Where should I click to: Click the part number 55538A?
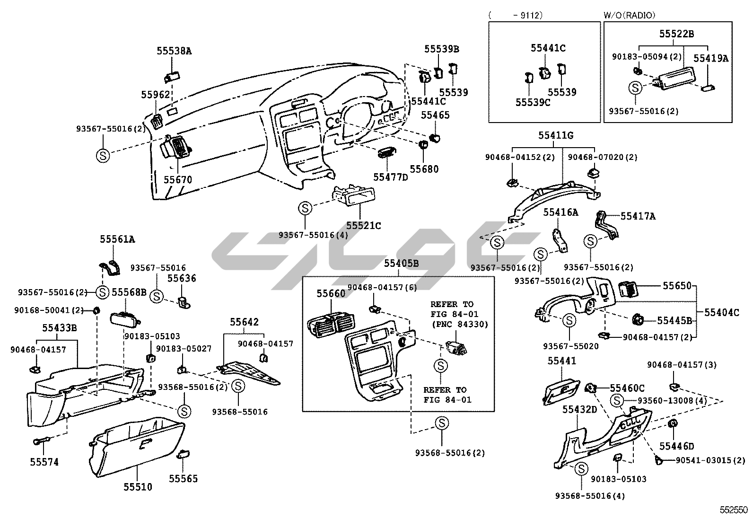(174, 51)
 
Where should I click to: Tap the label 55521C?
(363, 226)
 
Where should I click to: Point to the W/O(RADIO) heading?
(629, 16)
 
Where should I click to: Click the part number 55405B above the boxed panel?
(401, 264)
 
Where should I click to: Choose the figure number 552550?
(734, 510)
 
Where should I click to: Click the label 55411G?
(555, 136)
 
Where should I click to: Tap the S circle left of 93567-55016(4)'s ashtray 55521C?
(305, 208)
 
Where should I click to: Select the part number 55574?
(44, 462)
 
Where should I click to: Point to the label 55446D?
(677, 446)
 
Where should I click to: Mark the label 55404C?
(721, 312)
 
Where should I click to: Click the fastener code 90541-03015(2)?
(710, 460)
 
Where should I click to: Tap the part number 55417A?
(638, 216)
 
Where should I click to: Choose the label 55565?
(184, 478)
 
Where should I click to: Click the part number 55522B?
(677, 34)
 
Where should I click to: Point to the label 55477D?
(390, 177)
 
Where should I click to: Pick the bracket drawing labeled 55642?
(248, 372)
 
